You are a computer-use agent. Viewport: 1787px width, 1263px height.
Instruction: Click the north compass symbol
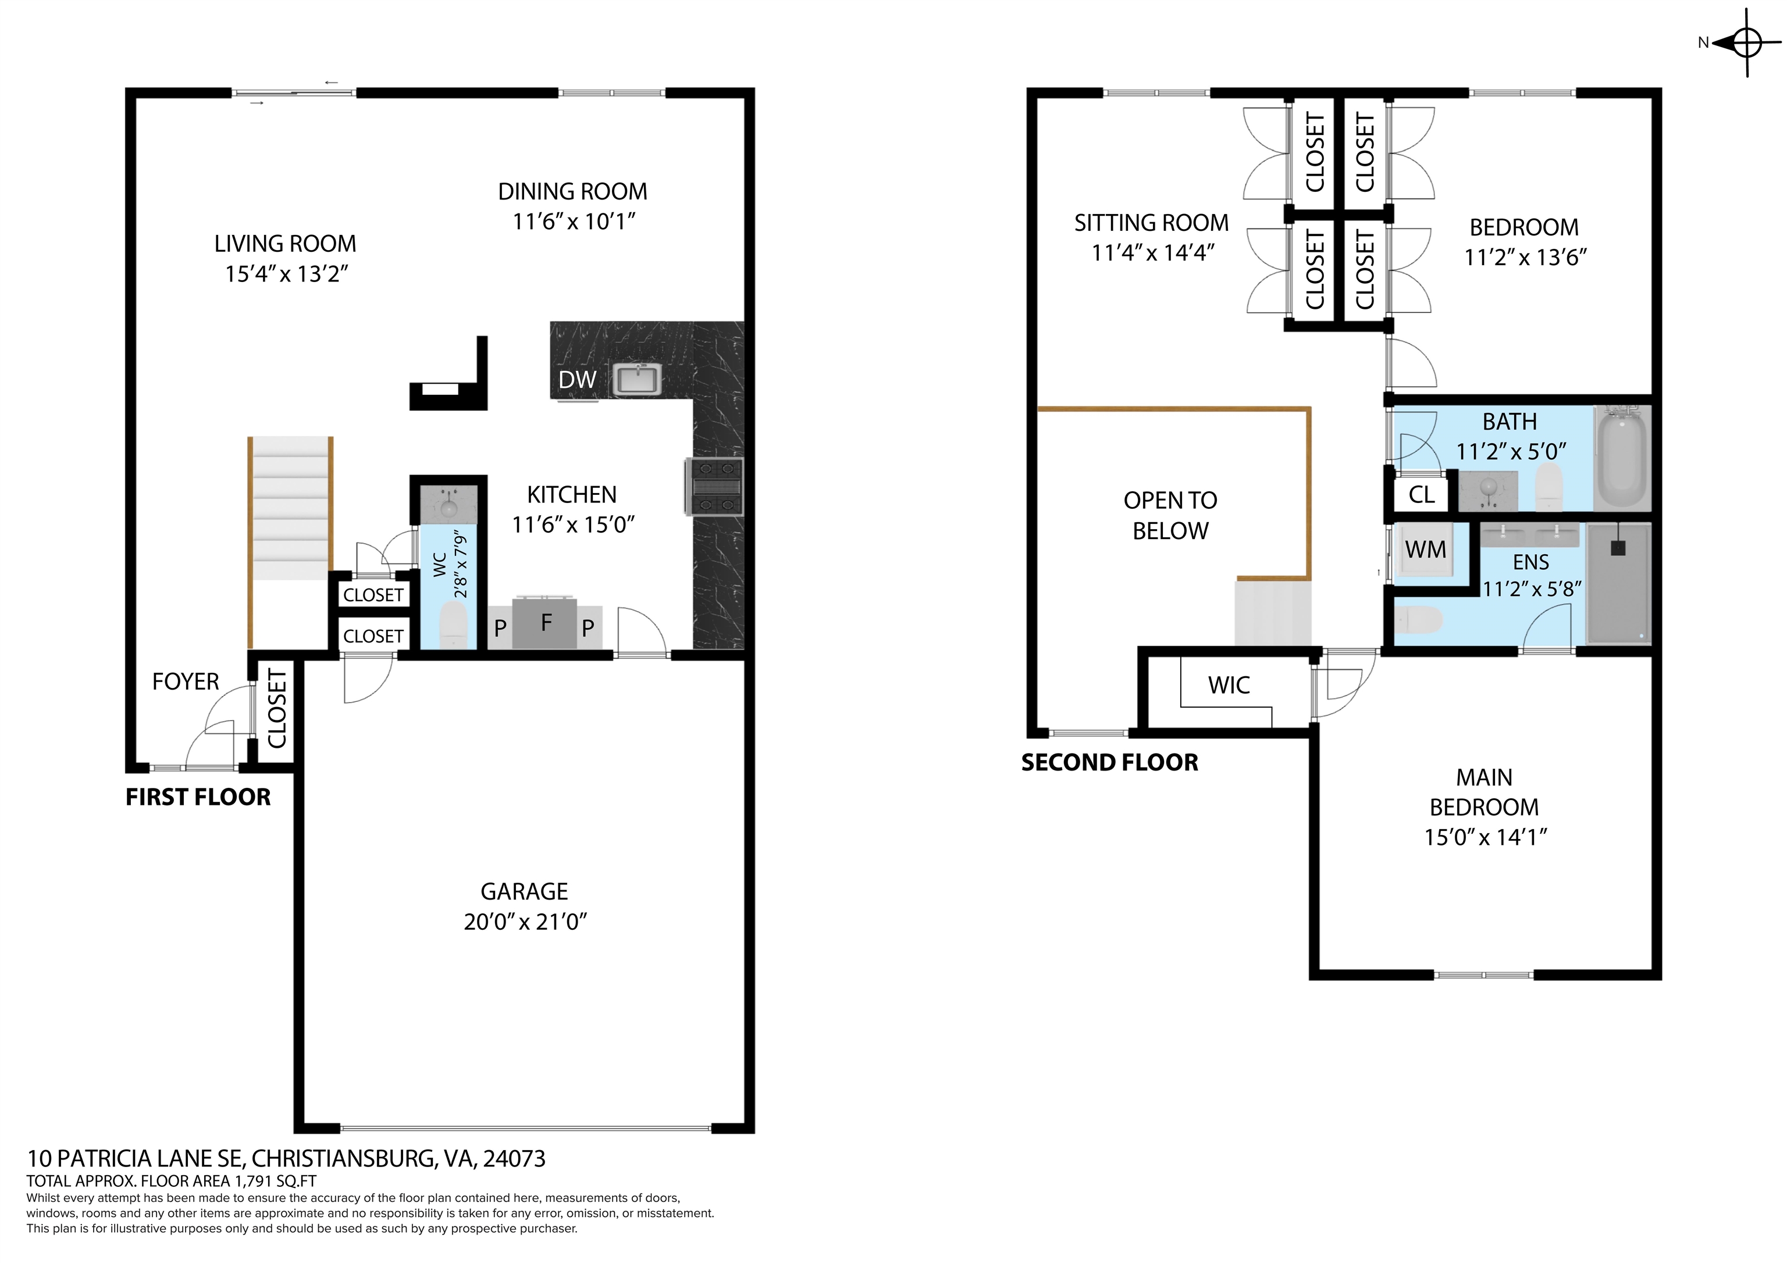[x=1746, y=43]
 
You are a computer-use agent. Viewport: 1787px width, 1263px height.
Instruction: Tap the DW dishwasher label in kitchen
[x=576, y=380]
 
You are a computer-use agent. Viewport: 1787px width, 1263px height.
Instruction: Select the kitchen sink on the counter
[x=638, y=380]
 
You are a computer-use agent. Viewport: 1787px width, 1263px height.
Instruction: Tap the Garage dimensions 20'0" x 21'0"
[x=525, y=922]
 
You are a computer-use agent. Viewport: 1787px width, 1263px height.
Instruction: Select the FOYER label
[x=185, y=682]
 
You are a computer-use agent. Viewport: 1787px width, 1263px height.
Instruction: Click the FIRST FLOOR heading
[x=198, y=797]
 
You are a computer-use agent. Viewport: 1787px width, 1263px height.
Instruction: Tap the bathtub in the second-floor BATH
[x=1621, y=459]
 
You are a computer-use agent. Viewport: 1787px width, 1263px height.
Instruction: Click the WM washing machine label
[x=1425, y=550]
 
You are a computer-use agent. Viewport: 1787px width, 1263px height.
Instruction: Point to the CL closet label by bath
[x=1421, y=495]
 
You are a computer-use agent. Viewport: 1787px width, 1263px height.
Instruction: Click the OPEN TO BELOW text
[x=1170, y=515]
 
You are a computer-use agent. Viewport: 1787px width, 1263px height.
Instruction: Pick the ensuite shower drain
[x=1618, y=548]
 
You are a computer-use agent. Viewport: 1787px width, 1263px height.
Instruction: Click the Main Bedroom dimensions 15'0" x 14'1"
[x=1485, y=837]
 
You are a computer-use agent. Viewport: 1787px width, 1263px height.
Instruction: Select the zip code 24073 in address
[x=514, y=1159]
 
